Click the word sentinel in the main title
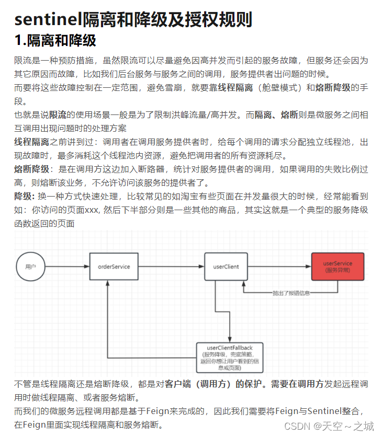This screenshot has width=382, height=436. [x=46, y=19]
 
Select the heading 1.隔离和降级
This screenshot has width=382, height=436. [x=55, y=40]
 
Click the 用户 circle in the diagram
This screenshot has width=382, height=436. [x=30, y=267]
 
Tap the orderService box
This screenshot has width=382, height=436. [x=114, y=267]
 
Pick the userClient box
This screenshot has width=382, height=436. [x=226, y=267]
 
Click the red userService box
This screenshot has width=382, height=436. [x=338, y=267]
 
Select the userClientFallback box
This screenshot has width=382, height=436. [x=230, y=358]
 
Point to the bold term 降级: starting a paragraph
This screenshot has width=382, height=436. [x=24, y=196]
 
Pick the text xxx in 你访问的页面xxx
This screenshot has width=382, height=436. [x=92, y=210]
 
